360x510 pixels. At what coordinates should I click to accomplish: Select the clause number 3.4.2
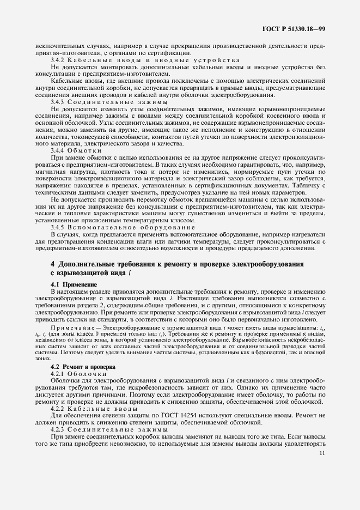click(x=58, y=59)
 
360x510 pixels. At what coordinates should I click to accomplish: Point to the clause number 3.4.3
click(x=58, y=102)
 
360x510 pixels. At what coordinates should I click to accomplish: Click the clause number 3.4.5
click(x=58, y=227)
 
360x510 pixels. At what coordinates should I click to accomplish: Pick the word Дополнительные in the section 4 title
click(x=88, y=264)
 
